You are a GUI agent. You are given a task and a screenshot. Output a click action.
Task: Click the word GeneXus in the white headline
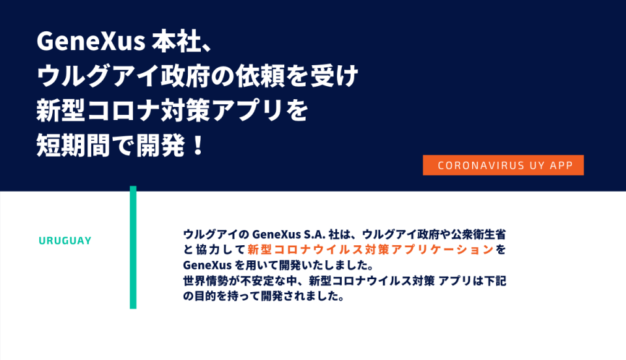91,41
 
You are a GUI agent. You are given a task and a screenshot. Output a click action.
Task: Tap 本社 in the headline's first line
176,41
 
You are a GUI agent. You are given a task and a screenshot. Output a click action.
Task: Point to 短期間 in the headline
73,145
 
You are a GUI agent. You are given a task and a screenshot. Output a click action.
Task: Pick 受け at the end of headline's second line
335,76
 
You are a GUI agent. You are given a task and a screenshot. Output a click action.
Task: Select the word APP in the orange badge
561,165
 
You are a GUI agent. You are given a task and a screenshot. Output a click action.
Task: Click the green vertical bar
133,247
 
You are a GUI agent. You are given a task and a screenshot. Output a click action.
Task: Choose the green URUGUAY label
65,241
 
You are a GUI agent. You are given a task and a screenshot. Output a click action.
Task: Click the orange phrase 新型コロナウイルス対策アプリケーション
371,249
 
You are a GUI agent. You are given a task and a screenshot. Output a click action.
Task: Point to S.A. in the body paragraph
315,234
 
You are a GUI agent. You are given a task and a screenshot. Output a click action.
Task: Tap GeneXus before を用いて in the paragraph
207,265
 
